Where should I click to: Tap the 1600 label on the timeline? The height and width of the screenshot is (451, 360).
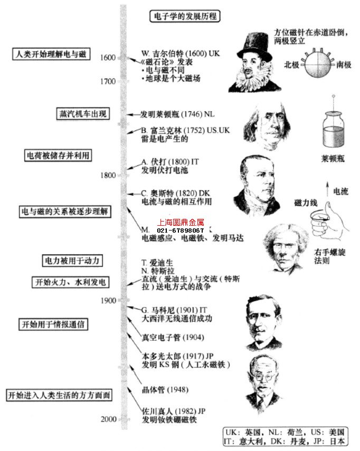108,57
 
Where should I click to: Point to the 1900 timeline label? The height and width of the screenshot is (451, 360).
108,300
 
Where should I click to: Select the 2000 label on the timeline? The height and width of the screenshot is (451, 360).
108,419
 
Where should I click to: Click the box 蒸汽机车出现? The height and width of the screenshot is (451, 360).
83,113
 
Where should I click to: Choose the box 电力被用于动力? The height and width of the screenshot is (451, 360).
72,261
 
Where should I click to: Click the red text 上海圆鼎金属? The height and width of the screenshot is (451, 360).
181,223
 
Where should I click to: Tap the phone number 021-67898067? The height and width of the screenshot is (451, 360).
181,231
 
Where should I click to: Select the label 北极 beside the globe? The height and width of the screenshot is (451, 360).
292,65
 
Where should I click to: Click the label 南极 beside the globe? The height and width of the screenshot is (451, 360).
344,65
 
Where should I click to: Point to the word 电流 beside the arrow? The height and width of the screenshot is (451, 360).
340,191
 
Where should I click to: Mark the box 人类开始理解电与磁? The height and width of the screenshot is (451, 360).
51,54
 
